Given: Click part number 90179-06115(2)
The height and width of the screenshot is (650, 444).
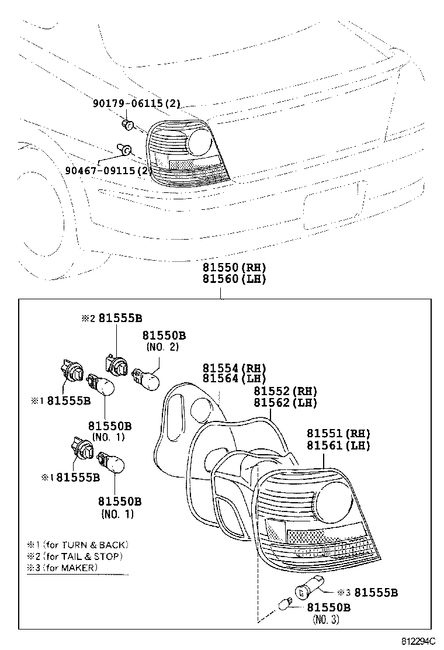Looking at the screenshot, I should click(137, 104).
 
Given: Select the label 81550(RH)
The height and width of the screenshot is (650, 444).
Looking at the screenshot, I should click(234, 267).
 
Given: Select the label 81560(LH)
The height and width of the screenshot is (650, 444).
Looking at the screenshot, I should click(234, 279).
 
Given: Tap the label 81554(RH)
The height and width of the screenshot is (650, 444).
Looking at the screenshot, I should click(234, 368).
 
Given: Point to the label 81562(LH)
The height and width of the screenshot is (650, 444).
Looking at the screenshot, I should click(285, 403).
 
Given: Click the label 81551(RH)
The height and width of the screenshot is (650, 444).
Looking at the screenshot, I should click(338, 434).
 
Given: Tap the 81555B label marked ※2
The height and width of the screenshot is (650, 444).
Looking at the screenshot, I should click(112, 319).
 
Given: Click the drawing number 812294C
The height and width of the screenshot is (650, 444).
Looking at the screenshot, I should click(418, 641).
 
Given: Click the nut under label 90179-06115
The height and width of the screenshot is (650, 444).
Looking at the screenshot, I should click(128, 124).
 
